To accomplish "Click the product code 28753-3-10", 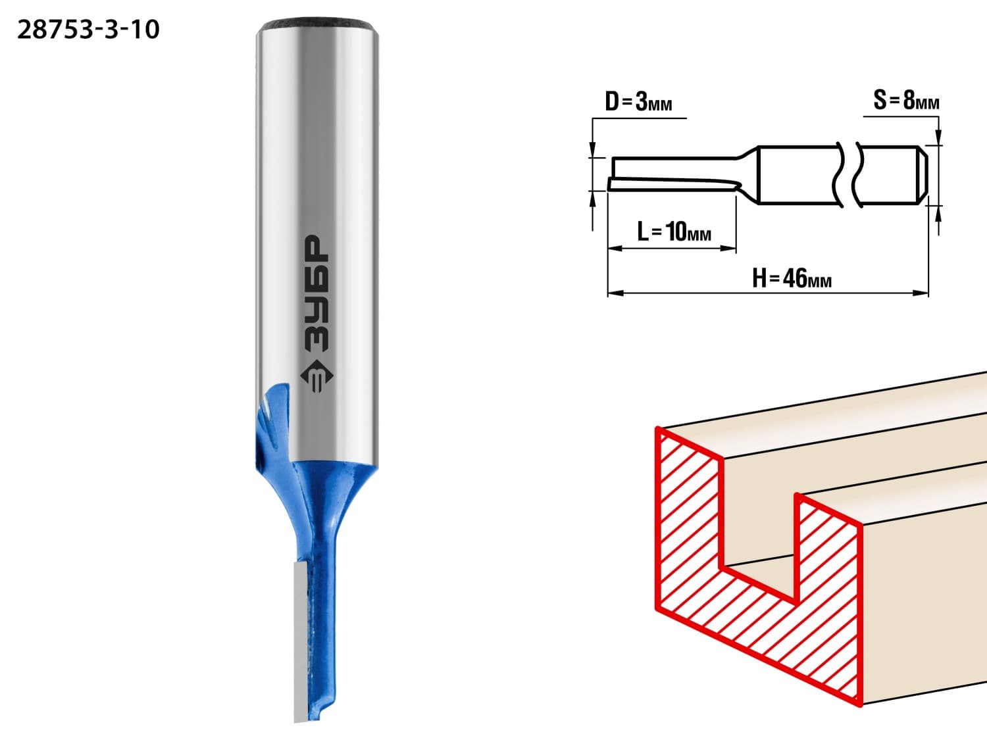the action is (89, 30).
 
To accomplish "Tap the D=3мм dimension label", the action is (638, 102).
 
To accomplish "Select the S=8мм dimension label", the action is (906, 100).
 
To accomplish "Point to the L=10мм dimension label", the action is (674, 232).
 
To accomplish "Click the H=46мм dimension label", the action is (792, 278).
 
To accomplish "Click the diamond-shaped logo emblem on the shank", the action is (316, 376).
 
